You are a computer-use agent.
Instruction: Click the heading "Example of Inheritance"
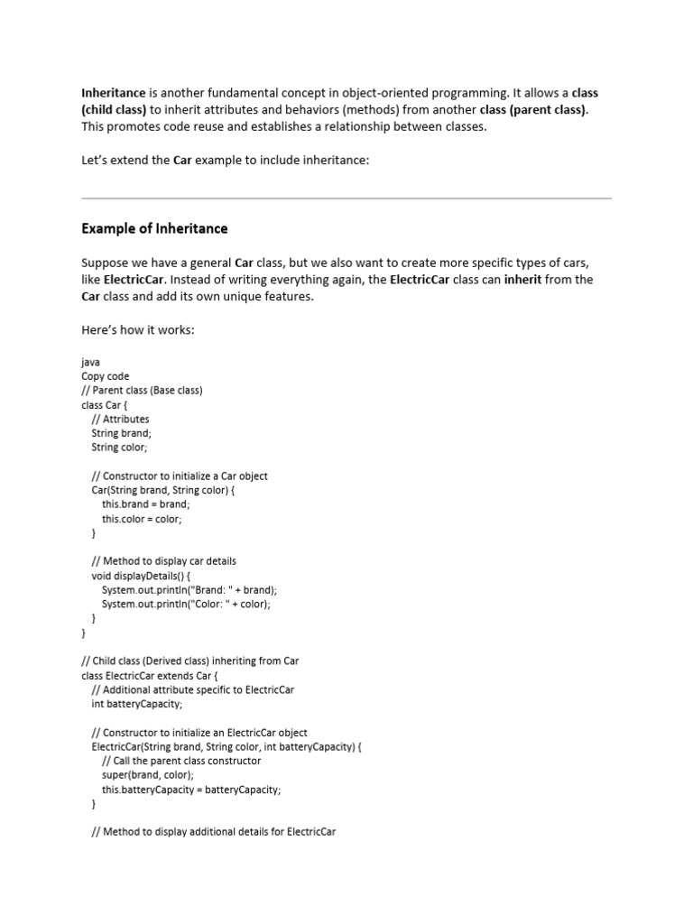click(x=154, y=228)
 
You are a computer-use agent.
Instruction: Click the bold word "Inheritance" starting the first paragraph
click(x=114, y=93)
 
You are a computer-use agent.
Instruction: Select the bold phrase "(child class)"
click(x=114, y=110)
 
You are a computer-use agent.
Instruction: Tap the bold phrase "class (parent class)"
click(x=533, y=110)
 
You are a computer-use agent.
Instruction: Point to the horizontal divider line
click(x=346, y=199)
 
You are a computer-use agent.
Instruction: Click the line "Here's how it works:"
click(x=138, y=330)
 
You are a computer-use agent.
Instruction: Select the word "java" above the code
click(x=90, y=362)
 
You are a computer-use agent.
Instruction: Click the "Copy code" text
click(x=105, y=376)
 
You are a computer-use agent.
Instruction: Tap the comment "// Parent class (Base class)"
click(x=142, y=391)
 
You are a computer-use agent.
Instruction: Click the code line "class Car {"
click(x=105, y=405)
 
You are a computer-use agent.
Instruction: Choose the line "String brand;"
click(x=122, y=433)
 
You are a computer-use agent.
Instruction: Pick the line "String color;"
click(x=120, y=447)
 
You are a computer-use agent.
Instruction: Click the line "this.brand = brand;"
click(x=146, y=504)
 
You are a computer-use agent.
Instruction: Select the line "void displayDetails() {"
click(x=142, y=576)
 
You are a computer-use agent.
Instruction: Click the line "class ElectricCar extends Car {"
click(x=150, y=675)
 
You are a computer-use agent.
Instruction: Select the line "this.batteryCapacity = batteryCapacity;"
click(x=191, y=790)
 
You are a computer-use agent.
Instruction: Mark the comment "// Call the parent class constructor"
click(x=181, y=761)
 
